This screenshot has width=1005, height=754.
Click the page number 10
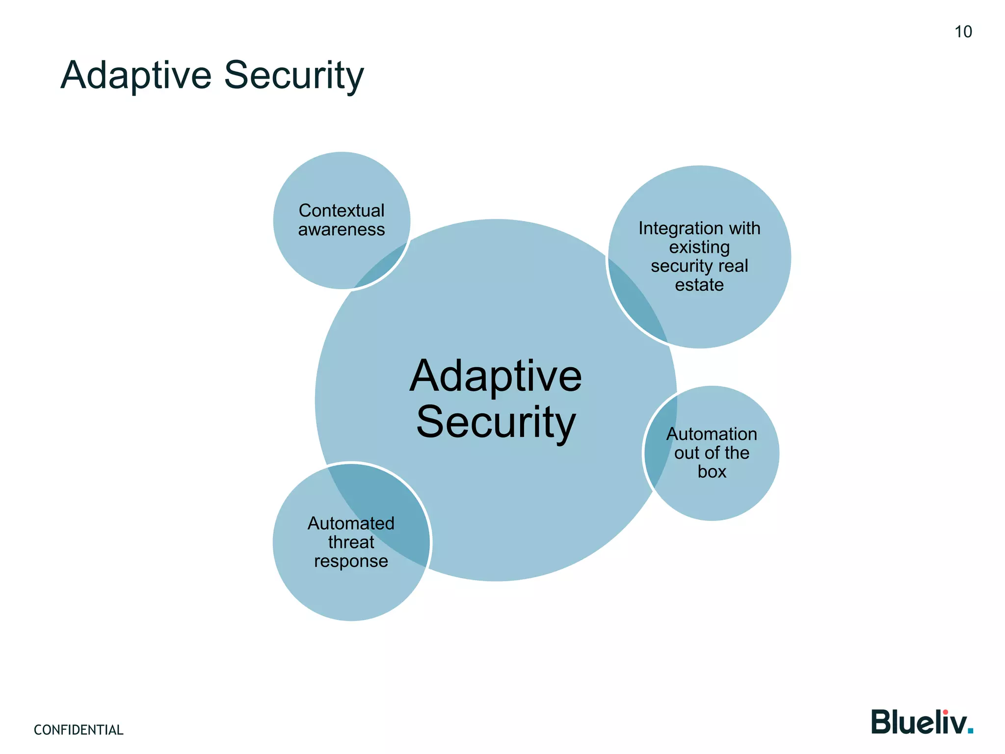tap(963, 32)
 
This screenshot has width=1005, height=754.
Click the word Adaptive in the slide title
tap(136, 75)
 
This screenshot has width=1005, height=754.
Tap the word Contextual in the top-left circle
tap(342, 211)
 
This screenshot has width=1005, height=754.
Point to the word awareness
tap(342, 230)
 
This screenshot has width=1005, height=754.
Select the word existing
tap(699, 247)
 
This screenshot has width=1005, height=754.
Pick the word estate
tap(699, 285)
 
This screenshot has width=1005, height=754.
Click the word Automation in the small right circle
tap(712, 434)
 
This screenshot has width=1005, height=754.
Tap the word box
tap(712, 472)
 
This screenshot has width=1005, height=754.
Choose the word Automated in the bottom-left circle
tap(351, 523)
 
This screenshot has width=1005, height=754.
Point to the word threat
tap(351, 542)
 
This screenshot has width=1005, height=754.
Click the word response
tap(351, 561)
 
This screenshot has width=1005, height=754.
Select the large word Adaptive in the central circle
tap(496, 377)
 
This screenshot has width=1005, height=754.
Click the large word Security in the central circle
tap(496, 422)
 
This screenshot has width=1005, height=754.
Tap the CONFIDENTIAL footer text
tap(79, 730)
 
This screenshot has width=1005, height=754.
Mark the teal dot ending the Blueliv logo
tap(970, 731)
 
